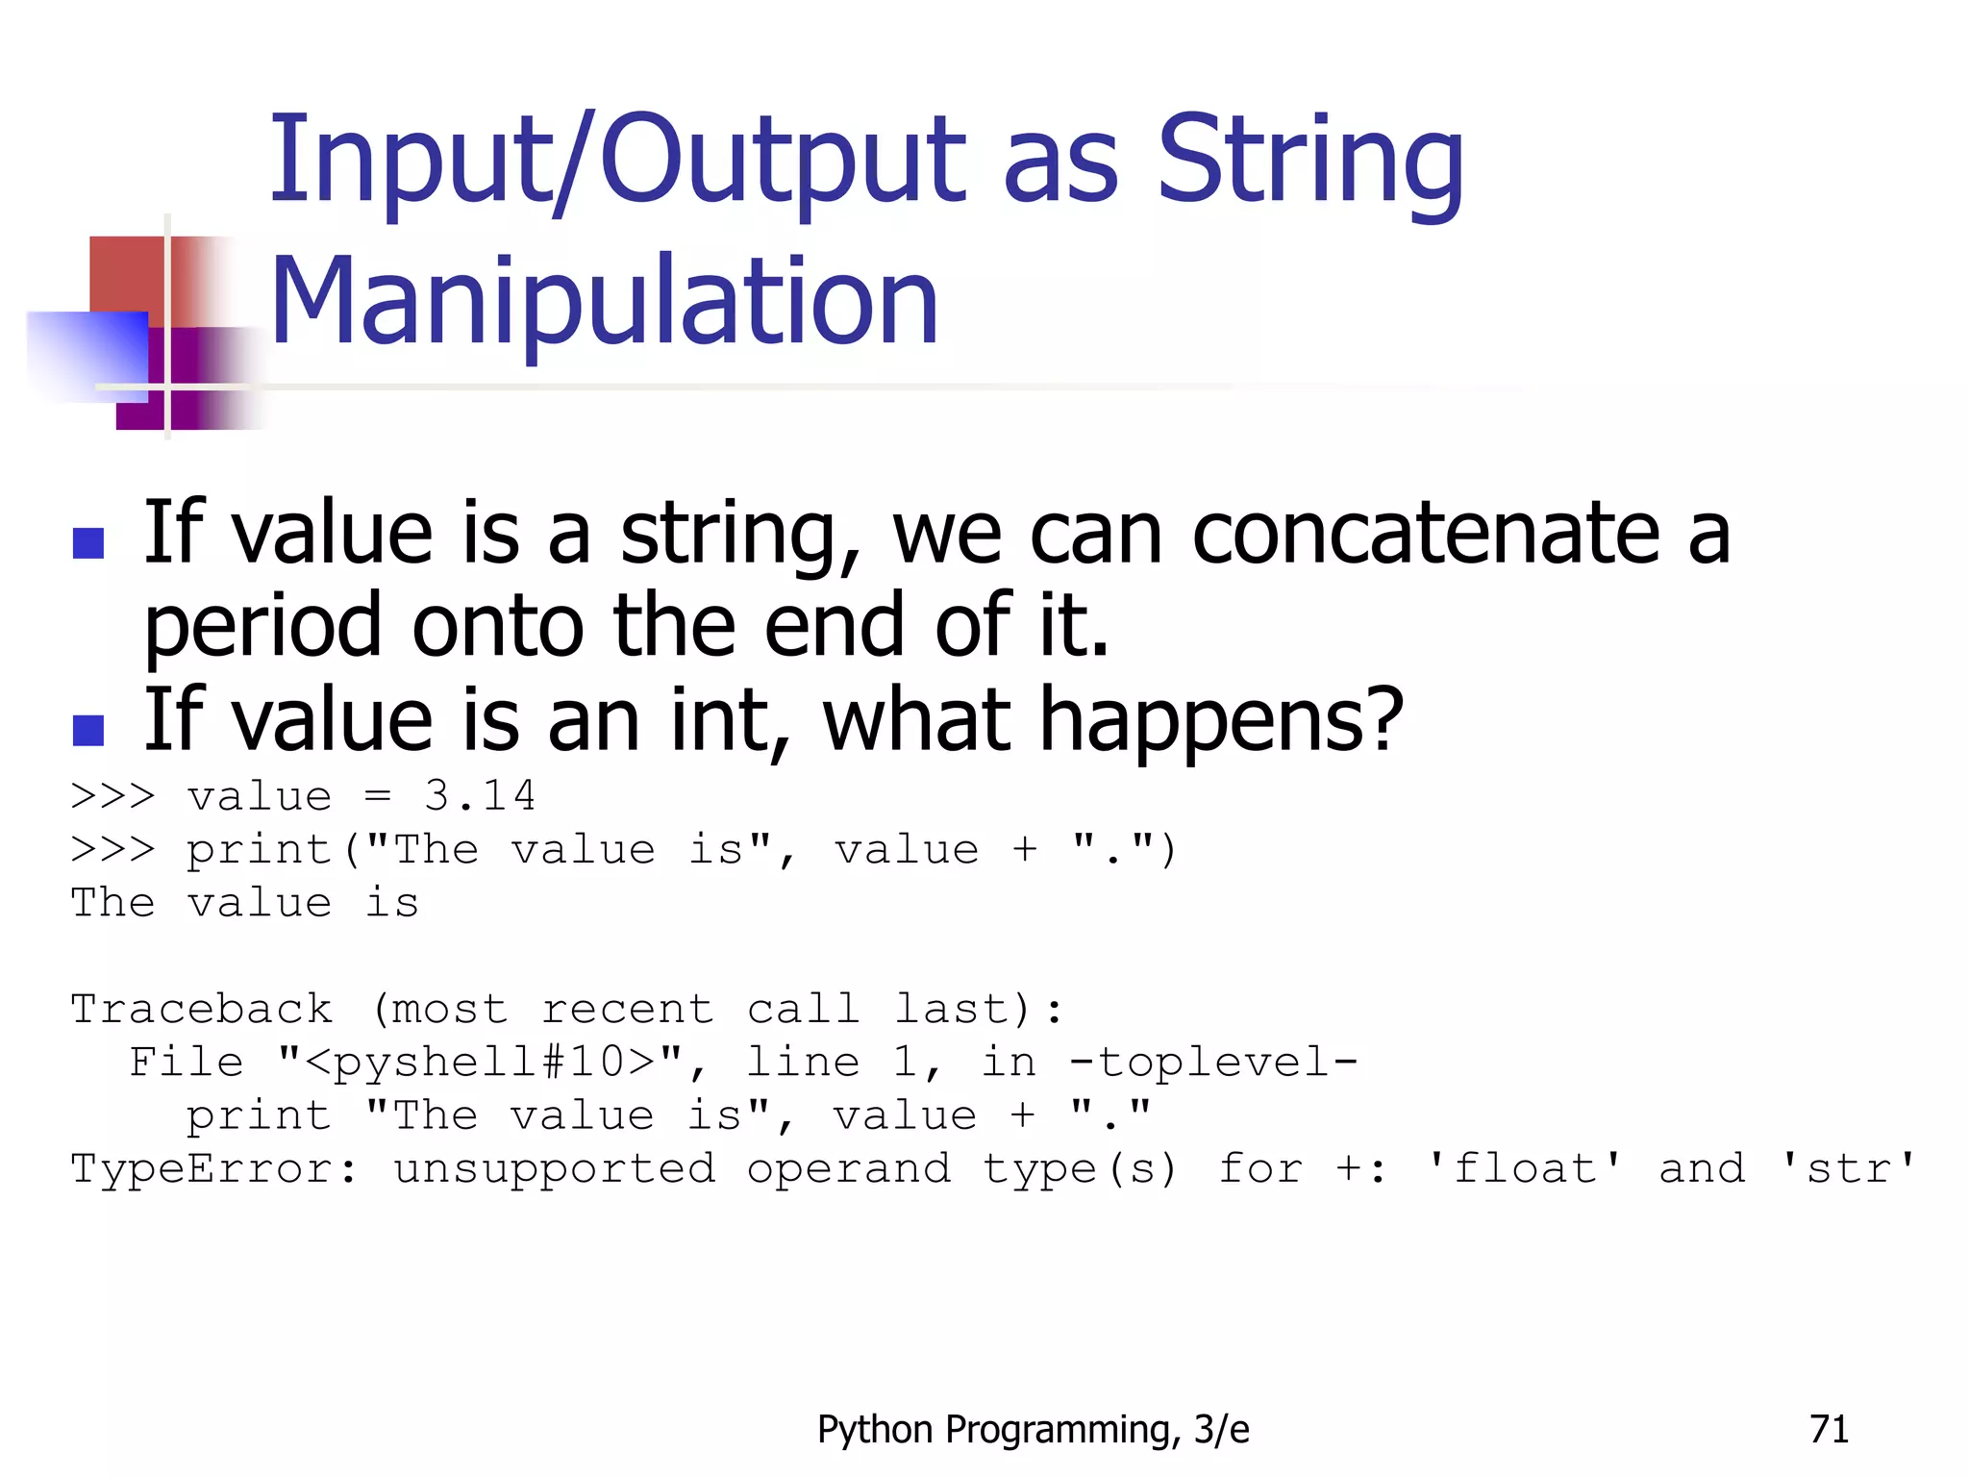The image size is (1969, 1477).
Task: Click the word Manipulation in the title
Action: (x=604, y=302)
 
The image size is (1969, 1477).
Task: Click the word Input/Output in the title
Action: (x=616, y=161)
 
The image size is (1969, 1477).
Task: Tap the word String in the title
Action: (x=1309, y=161)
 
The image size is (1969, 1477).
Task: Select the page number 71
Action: (x=1829, y=1430)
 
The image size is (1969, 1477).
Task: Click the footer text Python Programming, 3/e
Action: (x=1033, y=1430)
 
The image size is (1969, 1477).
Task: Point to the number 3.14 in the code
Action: (x=480, y=796)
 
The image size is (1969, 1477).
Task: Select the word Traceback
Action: (x=202, y=1010)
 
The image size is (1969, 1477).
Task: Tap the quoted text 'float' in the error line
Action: (x=1524, y=1169)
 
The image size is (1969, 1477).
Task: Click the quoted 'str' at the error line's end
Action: (x=1849, y=1169)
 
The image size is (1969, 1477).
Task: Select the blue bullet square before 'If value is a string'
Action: (x=88, y=544)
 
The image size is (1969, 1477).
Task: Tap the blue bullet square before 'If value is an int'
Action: (x=88, y=731)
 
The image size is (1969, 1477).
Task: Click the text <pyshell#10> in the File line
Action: (x=480, y=1063)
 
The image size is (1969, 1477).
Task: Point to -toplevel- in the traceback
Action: (x=1213, y=1063)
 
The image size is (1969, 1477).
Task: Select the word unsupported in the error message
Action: (x=554, y=1169)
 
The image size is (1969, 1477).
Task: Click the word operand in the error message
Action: (x=849, y=1169)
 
